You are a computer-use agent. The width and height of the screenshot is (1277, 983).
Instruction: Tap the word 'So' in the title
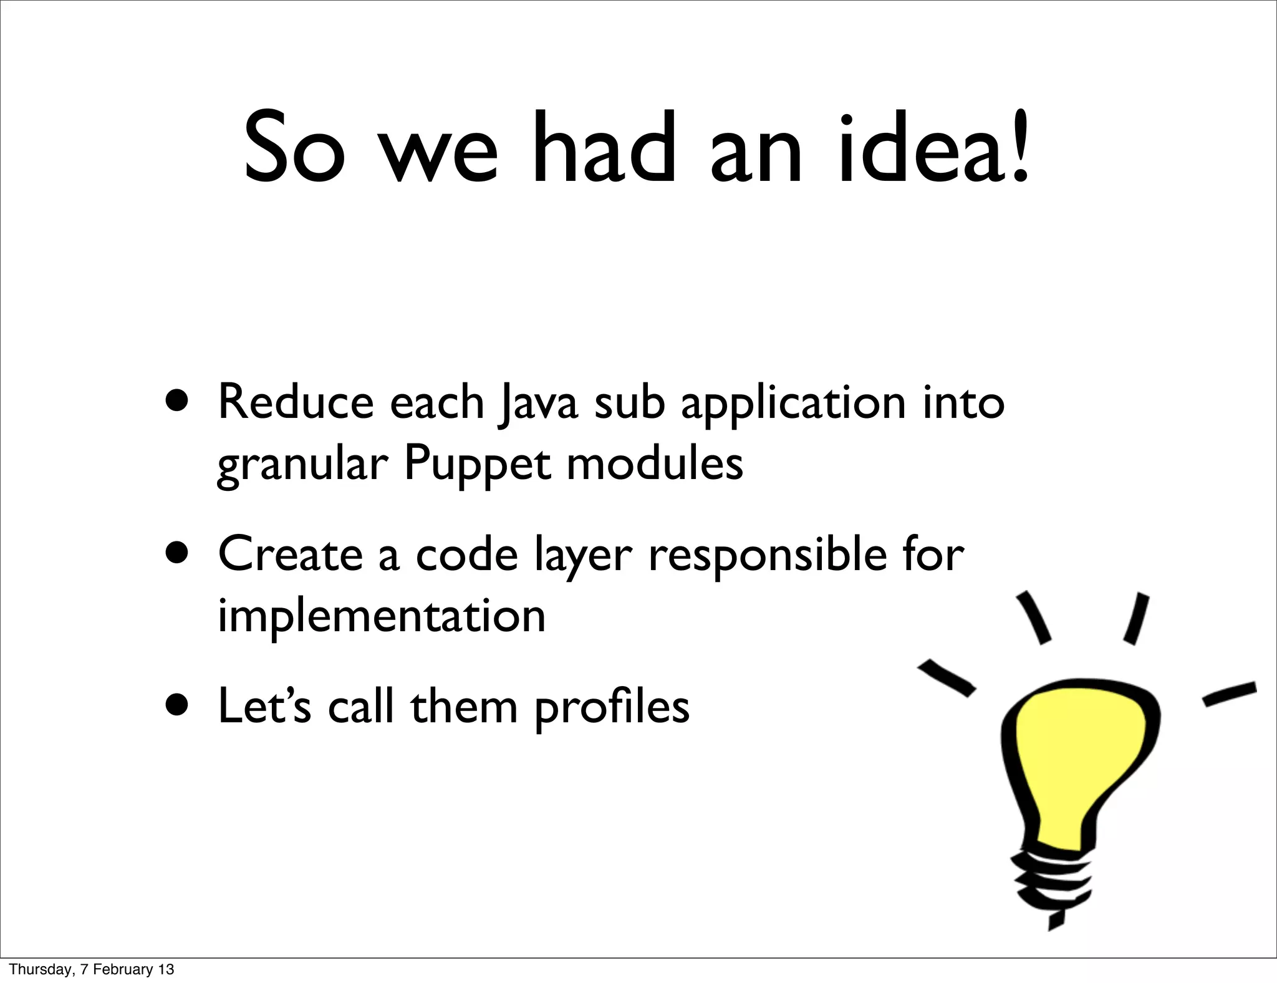294,150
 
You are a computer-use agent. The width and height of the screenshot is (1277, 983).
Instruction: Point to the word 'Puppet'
477,464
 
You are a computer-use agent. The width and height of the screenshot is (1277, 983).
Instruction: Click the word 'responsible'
767,555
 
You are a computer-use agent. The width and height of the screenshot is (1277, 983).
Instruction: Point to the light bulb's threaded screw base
1054,886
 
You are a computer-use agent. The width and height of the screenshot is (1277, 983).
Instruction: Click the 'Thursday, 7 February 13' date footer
92,969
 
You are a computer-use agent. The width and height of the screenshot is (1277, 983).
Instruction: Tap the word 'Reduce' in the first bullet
296,402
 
